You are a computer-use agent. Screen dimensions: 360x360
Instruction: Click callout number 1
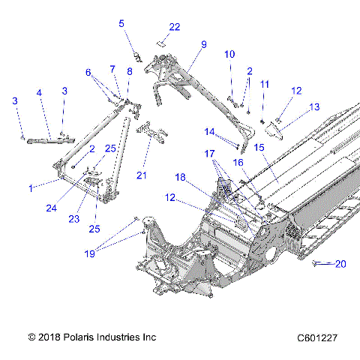pos(30,188)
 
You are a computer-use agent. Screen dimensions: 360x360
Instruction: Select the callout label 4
pos(40,94)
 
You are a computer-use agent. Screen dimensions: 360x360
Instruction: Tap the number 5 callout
pos(121,23)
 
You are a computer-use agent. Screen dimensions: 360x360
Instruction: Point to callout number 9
pos(202,45)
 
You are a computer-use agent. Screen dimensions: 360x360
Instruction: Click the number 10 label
pos(229,54)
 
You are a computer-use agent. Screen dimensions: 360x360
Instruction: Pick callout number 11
pos(263,84)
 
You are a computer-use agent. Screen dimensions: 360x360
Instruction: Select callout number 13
pos(313,106)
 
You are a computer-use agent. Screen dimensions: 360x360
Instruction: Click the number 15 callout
pos(259,148)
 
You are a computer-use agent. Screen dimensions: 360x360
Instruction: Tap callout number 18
pos(180,177)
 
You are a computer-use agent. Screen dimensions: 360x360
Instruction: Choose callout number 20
pos(341,263)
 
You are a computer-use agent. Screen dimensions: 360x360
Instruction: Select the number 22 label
pos(174,27)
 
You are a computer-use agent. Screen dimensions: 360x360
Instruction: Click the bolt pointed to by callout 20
pos(320,262)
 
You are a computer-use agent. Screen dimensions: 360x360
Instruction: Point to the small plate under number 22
pos(160,43)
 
